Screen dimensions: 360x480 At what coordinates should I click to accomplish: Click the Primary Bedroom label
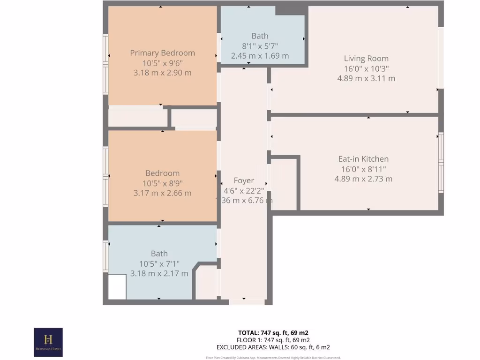[x=162, y=53]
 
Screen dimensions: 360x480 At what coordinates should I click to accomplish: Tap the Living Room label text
[x=366, y=59]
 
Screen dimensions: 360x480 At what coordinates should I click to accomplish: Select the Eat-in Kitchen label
[x=363, y=159]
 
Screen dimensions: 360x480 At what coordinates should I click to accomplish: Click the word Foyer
[x=244, y=180]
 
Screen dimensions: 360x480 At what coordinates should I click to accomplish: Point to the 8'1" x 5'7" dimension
[x=260, y=46]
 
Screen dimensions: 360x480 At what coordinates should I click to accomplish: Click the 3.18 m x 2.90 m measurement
[x=162, y=73]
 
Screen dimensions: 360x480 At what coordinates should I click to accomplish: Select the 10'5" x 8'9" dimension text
[x=162, y=183]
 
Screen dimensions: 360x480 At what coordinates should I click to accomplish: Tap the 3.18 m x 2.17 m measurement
[x=159, y=273]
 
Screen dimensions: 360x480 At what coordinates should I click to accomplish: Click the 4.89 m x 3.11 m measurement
[x=366, y=78]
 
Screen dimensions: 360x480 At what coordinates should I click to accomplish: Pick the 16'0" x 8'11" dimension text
[x=363, y=169]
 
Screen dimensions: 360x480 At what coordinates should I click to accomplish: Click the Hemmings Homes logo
[x=48, y=342]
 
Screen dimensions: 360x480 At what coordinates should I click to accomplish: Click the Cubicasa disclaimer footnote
[x=273, y=358]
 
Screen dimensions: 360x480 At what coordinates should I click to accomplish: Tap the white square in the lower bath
[x=117, y=286]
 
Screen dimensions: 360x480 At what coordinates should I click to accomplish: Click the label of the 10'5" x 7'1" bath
[x=159, y=254]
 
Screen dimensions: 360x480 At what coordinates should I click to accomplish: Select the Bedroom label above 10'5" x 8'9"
[x=162, y=173]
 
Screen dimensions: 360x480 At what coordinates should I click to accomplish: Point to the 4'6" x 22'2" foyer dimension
[x=244, y=190]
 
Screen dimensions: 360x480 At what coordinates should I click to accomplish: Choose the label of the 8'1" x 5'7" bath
[x=260, y=36]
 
